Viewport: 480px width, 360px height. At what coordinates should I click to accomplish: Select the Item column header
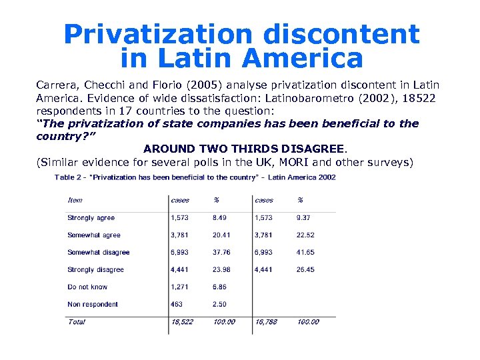[75, 200]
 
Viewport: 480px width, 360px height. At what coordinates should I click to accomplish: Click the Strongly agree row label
[91, 218]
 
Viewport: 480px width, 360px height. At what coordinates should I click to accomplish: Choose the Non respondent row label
[93, 305]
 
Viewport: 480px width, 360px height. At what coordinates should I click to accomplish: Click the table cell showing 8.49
[219, 218]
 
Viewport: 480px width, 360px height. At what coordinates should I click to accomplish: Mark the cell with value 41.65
[305, 253]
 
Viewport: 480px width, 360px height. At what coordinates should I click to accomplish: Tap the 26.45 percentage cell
[305, 270]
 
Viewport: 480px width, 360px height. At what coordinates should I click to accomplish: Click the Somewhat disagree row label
[99, 253]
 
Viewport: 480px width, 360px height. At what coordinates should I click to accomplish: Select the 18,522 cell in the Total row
[182, 322]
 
